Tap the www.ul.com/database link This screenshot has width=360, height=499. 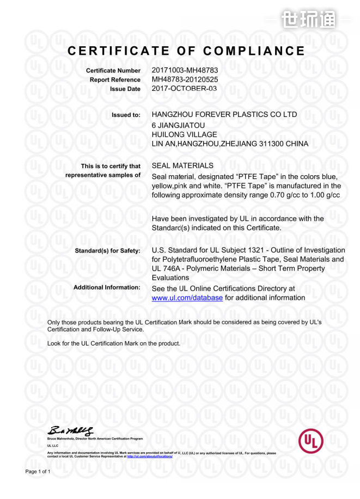[x=187, y=298]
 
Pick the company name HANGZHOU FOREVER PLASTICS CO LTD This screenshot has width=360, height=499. [x=224, y=115]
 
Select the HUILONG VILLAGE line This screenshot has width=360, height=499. [x=184, y=134]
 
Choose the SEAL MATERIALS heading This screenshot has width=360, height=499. [x=182, y=165]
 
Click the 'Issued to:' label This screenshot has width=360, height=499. [x=126, y=115]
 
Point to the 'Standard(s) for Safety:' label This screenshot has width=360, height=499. [x=107, y=250]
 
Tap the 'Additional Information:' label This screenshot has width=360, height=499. [x=107, y=287]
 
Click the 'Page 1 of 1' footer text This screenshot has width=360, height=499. [x=38, y=471]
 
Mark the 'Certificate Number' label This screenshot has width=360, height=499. [x=113, y=71]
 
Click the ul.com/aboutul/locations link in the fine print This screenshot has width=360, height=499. [x=149, y=456]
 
